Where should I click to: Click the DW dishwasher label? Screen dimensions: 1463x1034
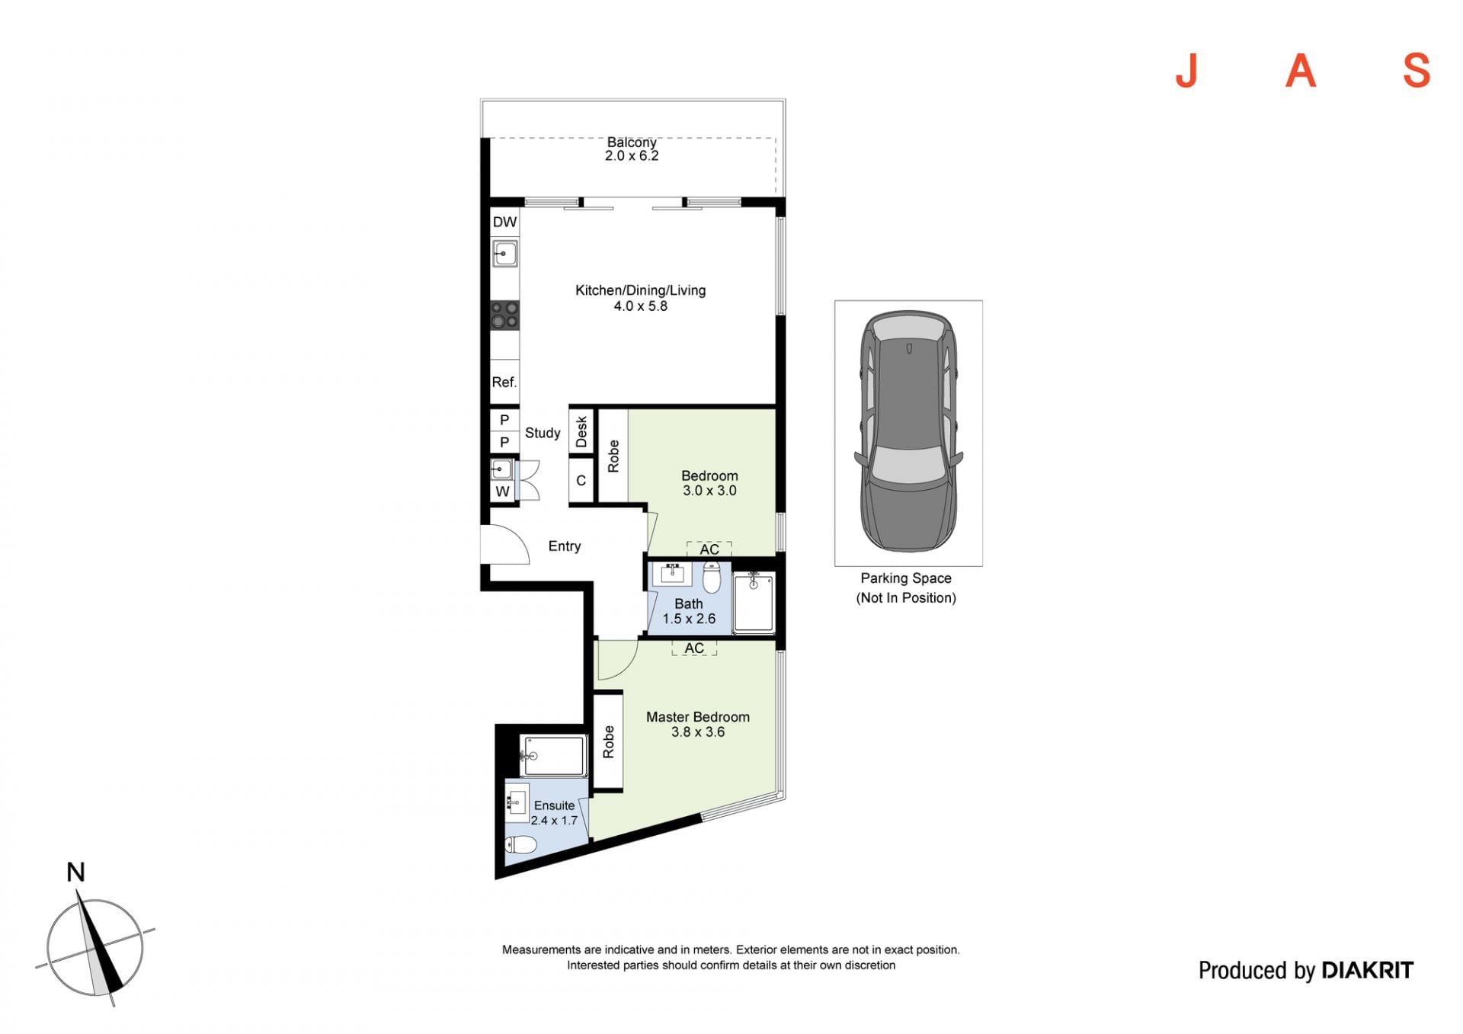pyautogui.click(x=504, y=222)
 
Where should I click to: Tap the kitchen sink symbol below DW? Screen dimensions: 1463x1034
pyautogui.click(x=504, y=253)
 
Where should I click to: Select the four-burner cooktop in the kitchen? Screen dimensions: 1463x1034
pyautogui.click(x=504, y=315)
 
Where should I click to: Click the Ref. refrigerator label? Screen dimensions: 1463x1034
pyautogui.click(x=504, y=382)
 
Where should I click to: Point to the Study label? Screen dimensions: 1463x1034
pyautogui.click(x=543, y=433)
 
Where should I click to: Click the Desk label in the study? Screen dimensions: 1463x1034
pyautogui.click(x=581, y=431)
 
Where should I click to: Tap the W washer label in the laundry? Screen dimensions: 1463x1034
pyautogui.click(x=502, y=491)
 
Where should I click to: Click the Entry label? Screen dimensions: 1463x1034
pyautogui.click(x=565, y=546)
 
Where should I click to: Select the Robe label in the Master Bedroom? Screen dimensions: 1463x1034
pyautogui.click(x=608, y=741)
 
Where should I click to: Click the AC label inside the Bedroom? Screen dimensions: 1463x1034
pyautogui.click(x=709, y=549)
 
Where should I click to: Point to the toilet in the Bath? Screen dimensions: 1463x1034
pyautogui.click(x=712, y=578)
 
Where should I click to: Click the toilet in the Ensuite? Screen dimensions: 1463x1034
pyautogui.click(x=521, y=844)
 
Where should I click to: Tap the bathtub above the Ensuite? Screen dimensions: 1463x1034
pyautogui.click(x=553, y=756)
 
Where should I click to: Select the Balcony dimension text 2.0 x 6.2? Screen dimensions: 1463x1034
pyautogui.click(x=632, y=156)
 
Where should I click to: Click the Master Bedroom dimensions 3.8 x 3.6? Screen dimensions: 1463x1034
pyautogui.click(x=698, y=732)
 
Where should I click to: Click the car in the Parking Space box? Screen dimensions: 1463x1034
pyautogui.click(x=908, y=431)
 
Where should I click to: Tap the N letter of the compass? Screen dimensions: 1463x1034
pyautogui.click(x=75, y=872)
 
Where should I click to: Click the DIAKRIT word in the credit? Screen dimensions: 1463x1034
pyautogui.click(x=1367, y=970)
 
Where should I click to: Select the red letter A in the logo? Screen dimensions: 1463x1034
pyautogui.click(x=1301, y=71)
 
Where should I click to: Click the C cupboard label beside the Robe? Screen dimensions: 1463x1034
pyautogui.click(x=581, y=481)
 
